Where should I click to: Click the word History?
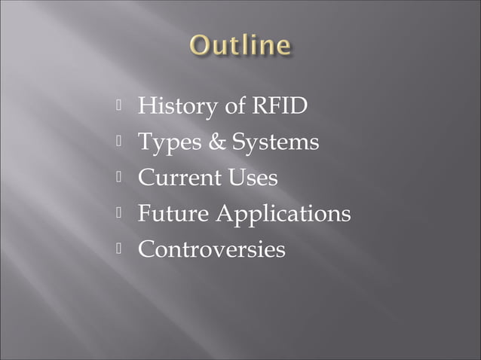[179, 107]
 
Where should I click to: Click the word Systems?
[274, 143]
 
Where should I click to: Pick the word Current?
[179, 178]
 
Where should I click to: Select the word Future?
[173, 214]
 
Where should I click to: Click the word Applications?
[283, 215]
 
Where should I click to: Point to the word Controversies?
[211, 249]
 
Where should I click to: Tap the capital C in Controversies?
[146, 249]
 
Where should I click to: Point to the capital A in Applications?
[225, 214]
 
